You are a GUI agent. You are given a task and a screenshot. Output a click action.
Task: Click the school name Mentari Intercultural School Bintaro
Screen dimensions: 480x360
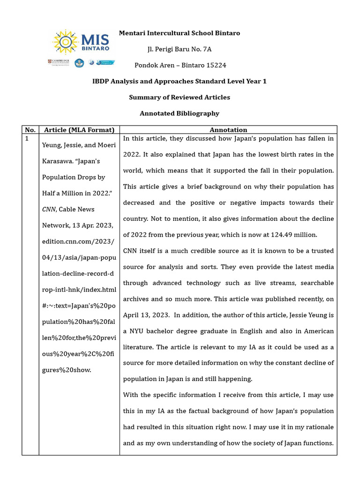(180, 33)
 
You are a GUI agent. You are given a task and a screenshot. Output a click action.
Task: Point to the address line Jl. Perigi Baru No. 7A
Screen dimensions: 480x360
(180, 49)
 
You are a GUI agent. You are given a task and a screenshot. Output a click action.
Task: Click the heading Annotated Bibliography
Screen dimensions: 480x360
(180, 113)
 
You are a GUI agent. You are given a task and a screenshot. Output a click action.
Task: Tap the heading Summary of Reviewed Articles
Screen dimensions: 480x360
(180, 97)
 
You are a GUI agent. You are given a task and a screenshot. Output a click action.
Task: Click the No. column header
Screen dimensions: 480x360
(30, 130)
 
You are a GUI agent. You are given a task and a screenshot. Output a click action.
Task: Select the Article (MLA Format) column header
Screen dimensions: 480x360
(79, 130)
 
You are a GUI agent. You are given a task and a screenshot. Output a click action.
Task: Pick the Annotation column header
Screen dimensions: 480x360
(228, 130)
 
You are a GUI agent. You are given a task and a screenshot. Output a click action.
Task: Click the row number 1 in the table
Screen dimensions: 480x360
(27, 139)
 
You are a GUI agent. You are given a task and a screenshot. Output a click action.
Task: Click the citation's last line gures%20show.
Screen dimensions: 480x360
(67, 370)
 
